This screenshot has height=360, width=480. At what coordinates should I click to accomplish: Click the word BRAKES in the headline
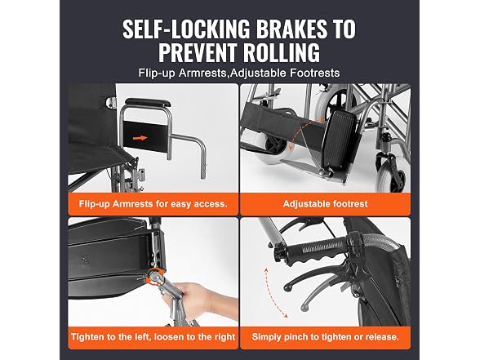(x=291, y=29)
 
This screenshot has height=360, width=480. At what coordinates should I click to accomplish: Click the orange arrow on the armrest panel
(x=140, y=138)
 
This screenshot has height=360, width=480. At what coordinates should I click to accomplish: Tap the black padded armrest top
(x=147, y=102)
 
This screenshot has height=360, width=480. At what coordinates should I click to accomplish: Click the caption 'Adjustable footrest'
(x=325, y=204)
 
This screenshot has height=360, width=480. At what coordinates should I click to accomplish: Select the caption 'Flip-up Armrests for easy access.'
(x=153, y=204)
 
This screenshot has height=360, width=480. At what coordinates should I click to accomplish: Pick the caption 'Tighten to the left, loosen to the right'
(x=153, y=336)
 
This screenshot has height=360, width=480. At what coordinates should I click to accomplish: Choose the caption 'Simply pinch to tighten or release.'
(x=325, y=336)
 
